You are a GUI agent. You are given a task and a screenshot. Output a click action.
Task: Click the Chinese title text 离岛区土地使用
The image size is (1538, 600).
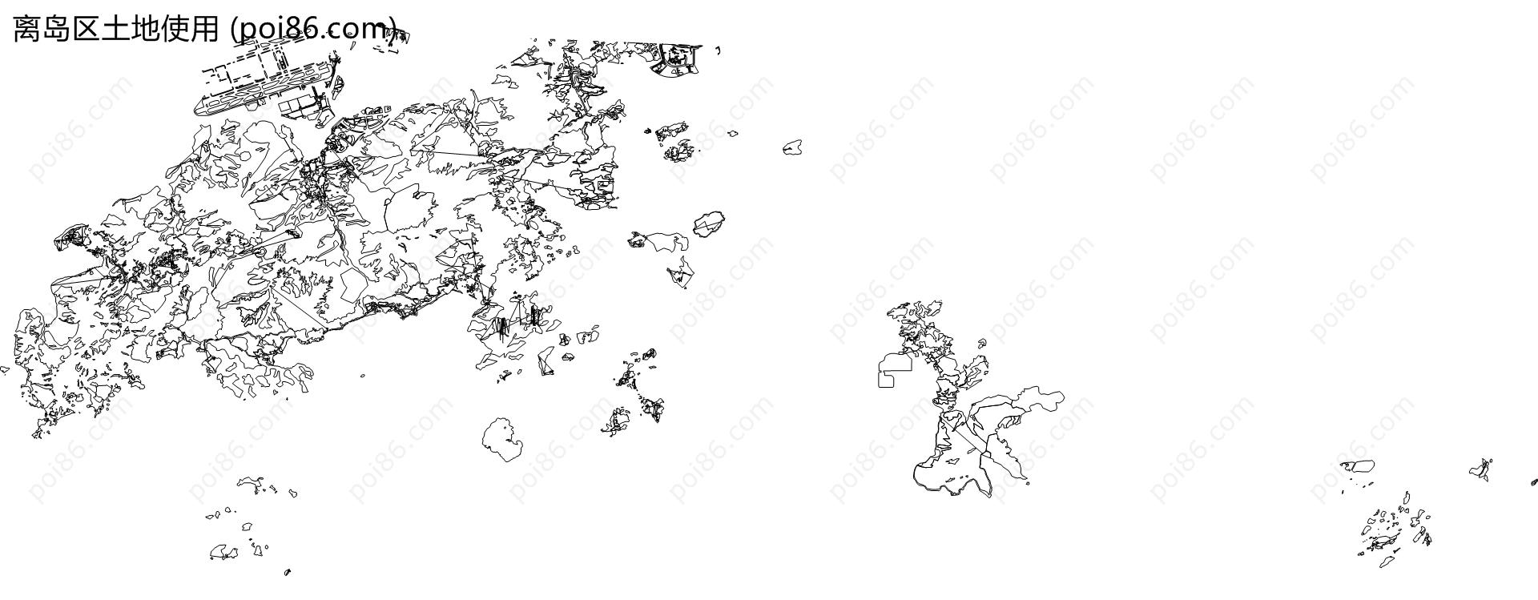115,30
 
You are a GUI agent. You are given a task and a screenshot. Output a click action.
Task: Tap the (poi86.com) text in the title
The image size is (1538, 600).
312,30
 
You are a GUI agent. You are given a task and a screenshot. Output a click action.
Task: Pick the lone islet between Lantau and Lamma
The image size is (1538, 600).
792,147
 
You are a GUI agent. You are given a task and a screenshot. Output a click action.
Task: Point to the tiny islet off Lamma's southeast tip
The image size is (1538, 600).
1028,482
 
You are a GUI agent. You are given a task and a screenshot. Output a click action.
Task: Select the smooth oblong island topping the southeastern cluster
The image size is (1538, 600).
1359,465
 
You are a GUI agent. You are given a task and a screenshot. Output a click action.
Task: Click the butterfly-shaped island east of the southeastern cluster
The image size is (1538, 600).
1481,469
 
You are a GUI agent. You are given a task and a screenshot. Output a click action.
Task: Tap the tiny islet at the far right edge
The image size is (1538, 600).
1533,483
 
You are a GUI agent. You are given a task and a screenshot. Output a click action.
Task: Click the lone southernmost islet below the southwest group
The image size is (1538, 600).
288,572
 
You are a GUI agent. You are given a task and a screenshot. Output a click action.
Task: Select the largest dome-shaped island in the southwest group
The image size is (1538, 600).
223,552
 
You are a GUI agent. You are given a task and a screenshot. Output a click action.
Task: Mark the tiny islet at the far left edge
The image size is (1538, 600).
4,369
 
